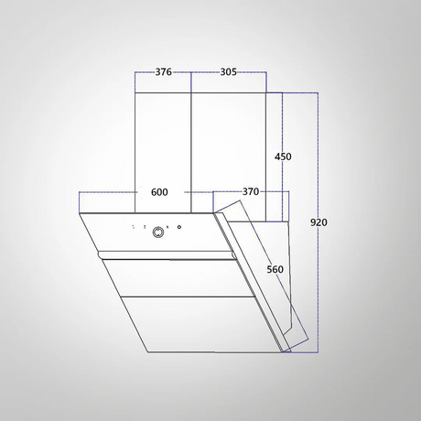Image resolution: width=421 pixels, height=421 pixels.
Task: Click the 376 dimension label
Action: click(x=164, y=72)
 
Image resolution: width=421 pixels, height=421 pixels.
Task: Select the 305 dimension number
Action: click(x=229, y=72)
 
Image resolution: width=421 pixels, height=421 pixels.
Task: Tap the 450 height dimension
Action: click(x=283, y=157)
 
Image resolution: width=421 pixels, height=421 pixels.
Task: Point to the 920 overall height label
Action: click(x=318, y=222)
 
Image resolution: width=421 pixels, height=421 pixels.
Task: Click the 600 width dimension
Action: click(x=159, y=192)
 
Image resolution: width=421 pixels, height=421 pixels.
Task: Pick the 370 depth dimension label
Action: click(x=251, y=191)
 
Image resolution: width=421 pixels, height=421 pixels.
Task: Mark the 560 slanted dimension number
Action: click(x=275, y=269)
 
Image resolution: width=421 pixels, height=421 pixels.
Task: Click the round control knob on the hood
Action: click(x=158, y=232)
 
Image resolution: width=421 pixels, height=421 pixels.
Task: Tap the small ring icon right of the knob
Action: click(x=179, y=227)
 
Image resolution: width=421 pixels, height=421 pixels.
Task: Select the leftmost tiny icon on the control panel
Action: click(x=133, y=227)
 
